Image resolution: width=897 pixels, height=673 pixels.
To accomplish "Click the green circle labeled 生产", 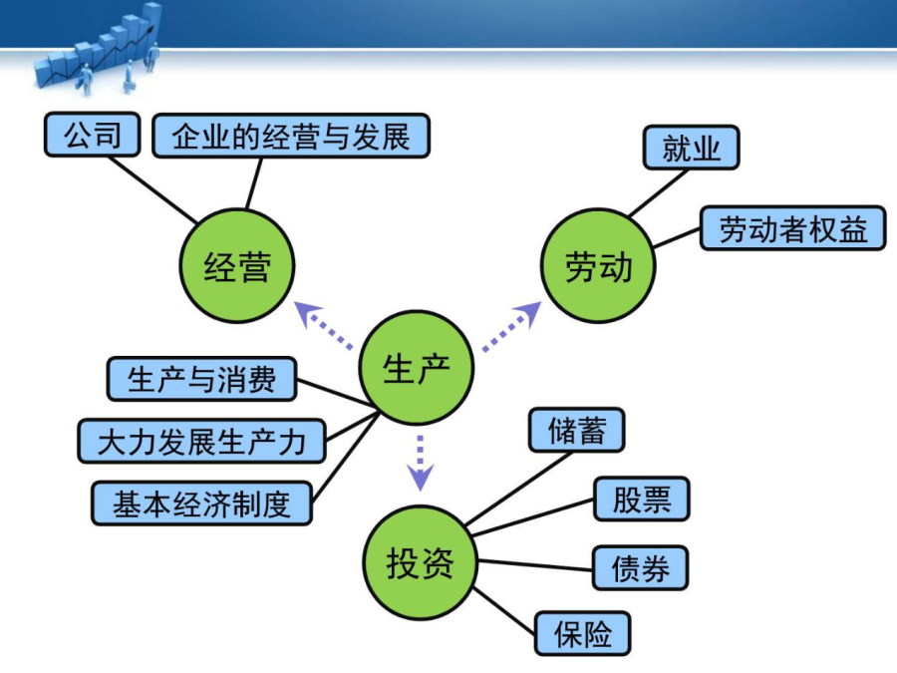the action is [417, 367].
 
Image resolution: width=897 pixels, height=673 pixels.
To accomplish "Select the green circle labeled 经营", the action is [237, 265].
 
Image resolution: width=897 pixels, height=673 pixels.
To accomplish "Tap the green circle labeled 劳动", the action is [598, 265].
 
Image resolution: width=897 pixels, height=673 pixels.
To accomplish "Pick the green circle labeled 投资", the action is [421, 562].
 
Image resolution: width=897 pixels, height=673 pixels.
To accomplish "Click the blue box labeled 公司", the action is [92, 135].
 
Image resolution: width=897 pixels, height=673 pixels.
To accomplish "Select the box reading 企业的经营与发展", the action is [291, 136].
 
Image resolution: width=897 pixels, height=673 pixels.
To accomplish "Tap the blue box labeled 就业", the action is [691, 148].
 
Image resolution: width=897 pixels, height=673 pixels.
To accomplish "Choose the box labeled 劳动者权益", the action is [793, 228].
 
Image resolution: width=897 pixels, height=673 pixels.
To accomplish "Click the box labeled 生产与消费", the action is [201, 379].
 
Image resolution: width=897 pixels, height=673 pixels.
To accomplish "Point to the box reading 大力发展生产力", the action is [201, 442].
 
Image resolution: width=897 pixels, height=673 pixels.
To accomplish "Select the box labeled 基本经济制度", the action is [201, 504].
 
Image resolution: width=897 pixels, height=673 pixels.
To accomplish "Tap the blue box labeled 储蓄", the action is [577, 430].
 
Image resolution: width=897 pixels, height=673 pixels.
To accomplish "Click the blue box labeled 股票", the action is [641, 500].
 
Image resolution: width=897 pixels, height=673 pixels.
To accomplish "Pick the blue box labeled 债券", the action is [640, 567].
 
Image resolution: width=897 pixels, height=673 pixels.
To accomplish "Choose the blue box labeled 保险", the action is [582, 633].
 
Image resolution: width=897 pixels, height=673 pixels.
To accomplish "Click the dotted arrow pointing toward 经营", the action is [323, 325].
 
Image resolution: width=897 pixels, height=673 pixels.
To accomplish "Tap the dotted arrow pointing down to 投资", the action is [420, 463].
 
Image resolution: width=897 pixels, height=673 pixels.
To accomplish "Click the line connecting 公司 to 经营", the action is [152, 189].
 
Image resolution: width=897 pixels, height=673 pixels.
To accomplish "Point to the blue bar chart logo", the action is [99, 48].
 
